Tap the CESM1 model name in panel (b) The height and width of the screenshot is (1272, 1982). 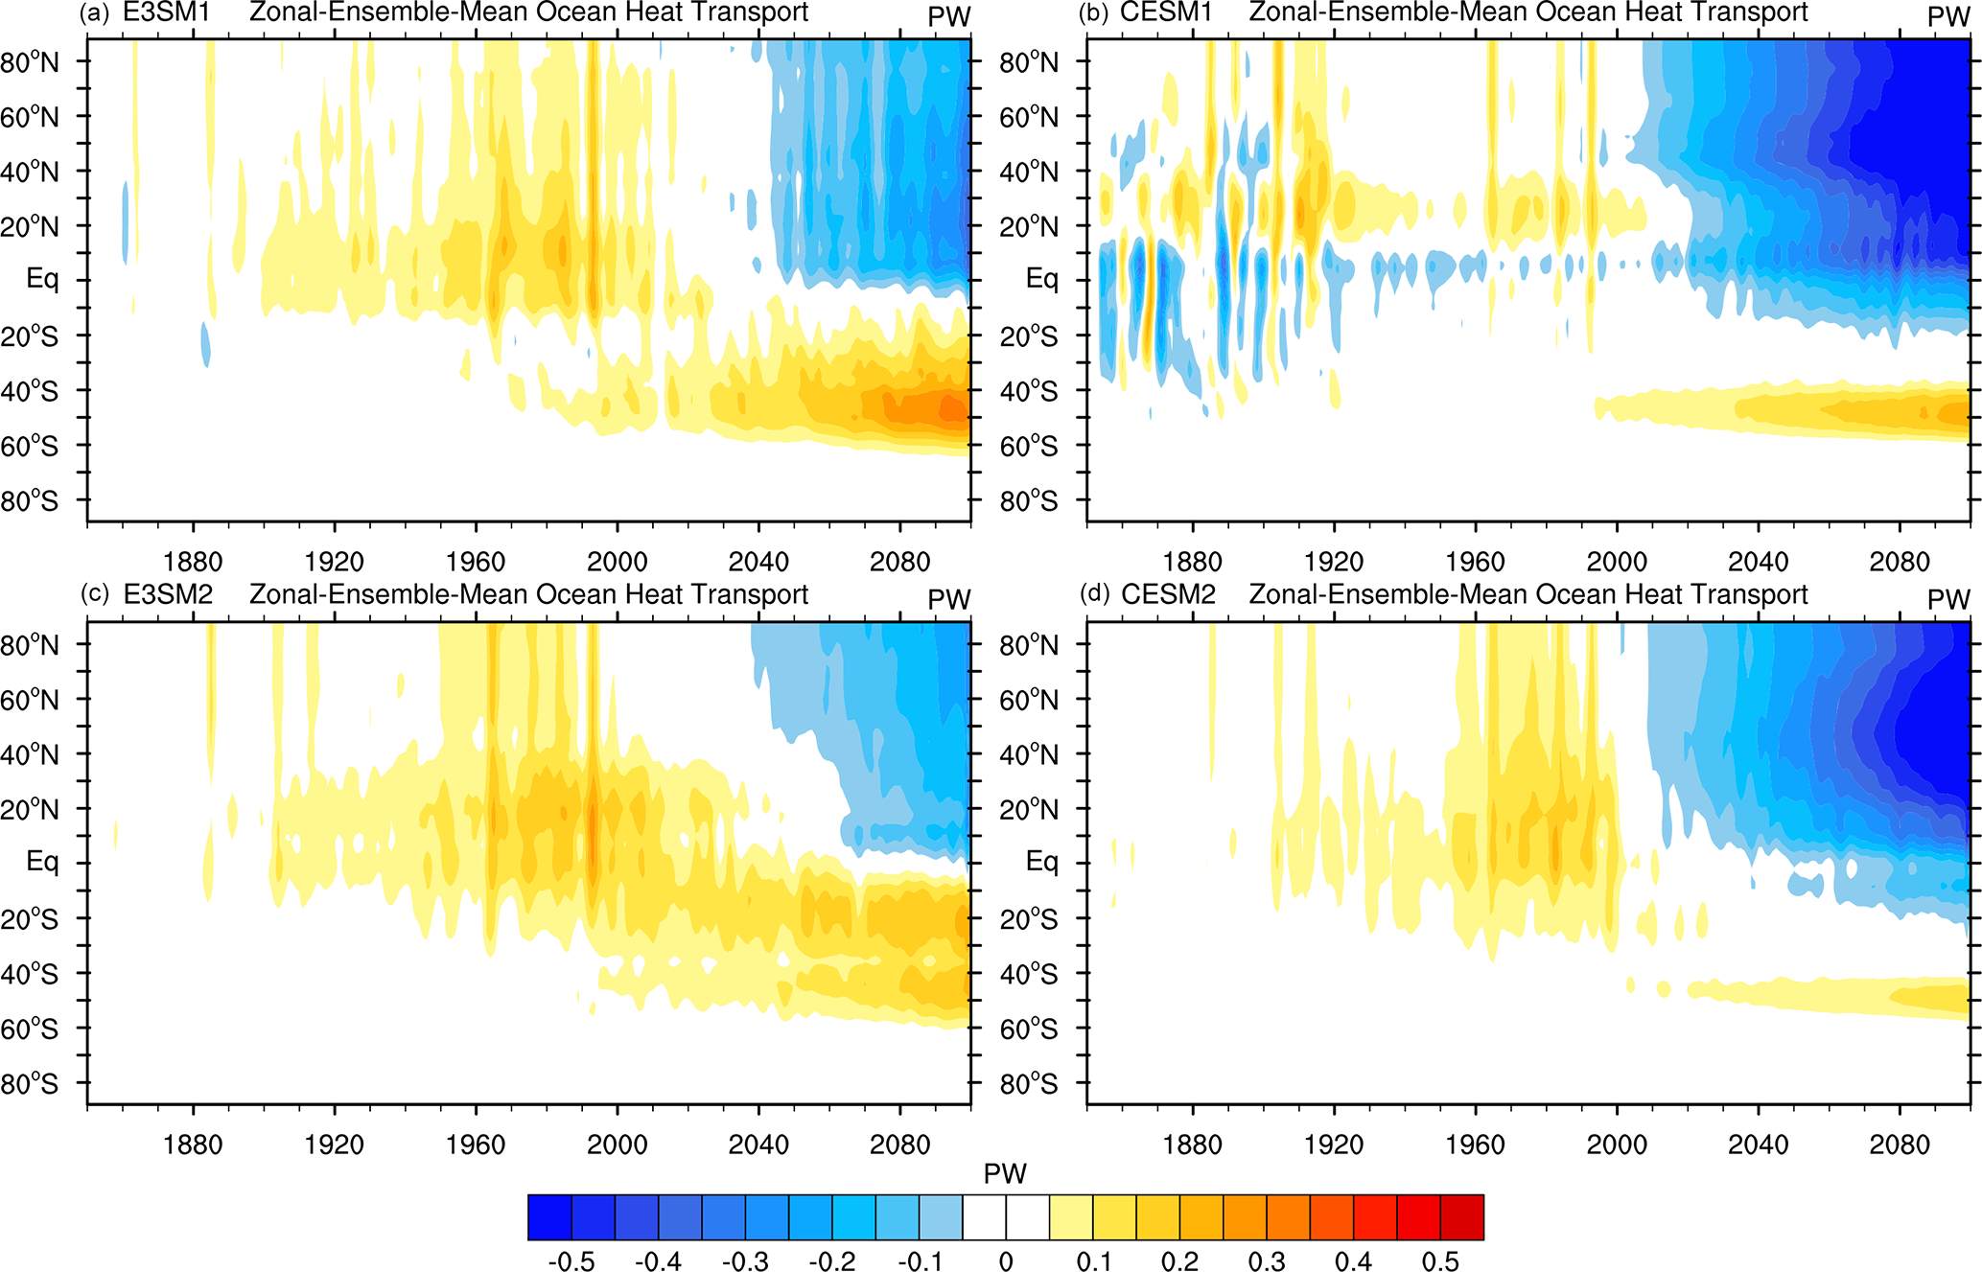(1166, 13)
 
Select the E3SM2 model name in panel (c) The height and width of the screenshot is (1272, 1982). (168, 595)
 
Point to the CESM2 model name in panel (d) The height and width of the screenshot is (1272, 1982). (1168, 595)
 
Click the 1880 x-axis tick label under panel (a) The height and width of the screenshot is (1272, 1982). (193, 562)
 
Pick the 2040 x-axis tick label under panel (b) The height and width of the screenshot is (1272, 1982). (1758, 562)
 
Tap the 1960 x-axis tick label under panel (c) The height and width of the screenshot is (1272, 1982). (476, 1145)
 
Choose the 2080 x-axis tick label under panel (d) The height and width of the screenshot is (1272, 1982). (1899, 1145)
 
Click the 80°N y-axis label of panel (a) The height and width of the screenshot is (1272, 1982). (30, 63)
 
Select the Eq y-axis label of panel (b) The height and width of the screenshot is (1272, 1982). (1042, 279)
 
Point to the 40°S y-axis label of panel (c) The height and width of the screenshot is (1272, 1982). (30, 975)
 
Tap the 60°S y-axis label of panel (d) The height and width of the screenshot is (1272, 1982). (1029, 1029)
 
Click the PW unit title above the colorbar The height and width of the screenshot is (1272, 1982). (1005, 1174)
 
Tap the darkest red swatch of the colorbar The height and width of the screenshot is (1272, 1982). (1461, 1217)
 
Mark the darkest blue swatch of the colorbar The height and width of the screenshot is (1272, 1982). (549, 1217)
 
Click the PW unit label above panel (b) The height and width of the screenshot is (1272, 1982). (1948, 17)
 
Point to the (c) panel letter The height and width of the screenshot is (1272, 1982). (95, 594)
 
